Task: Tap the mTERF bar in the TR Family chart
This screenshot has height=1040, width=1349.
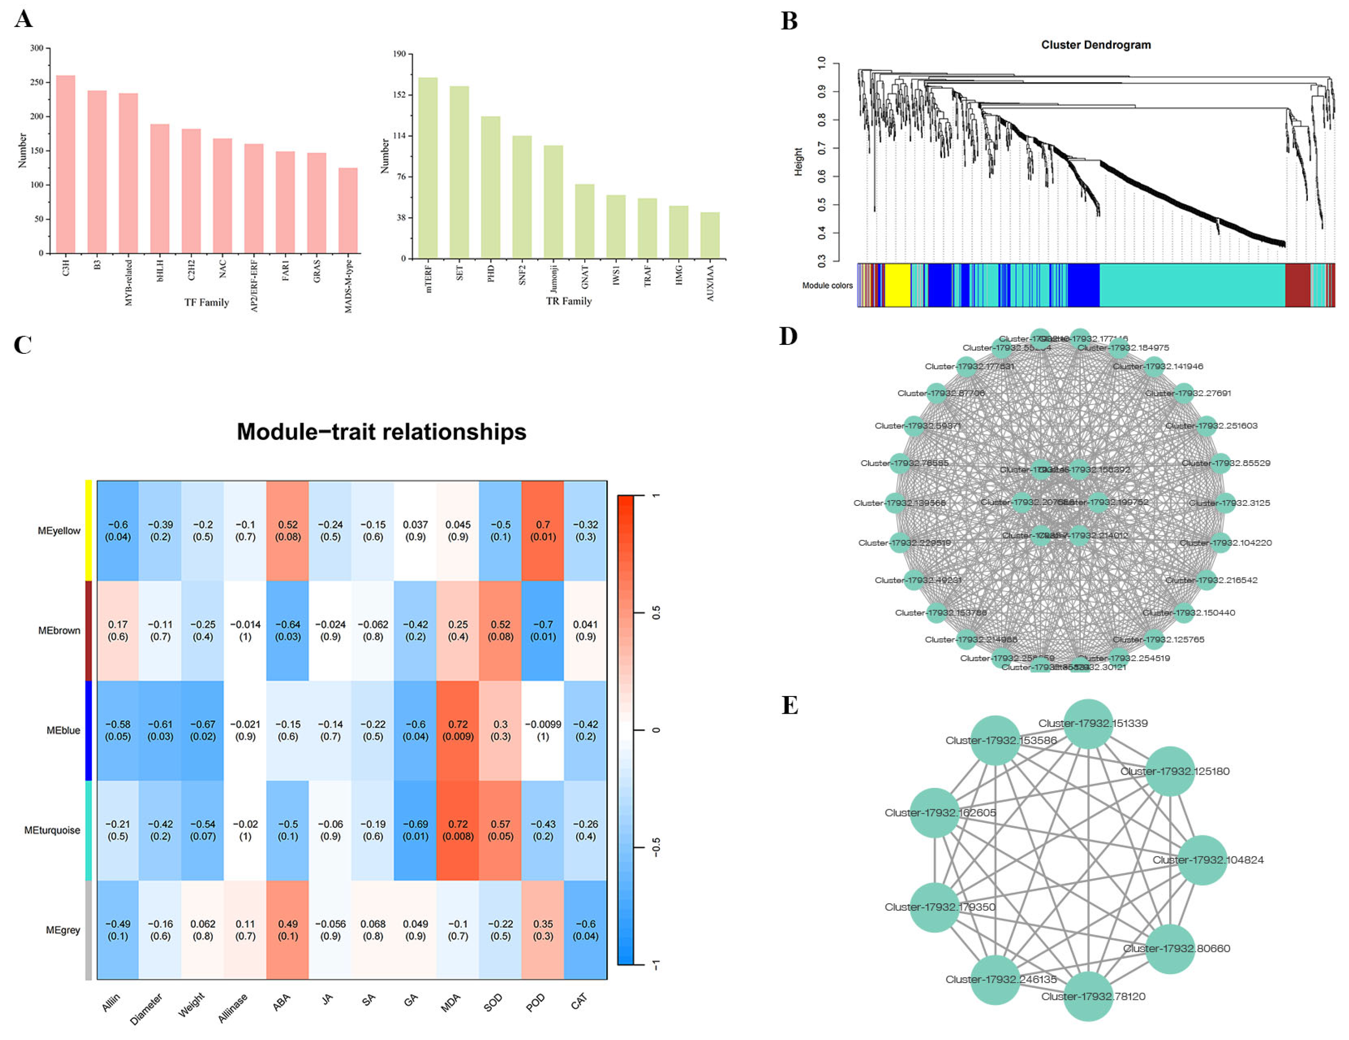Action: coord(427,168)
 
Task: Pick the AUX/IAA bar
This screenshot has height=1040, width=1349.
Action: coord(710,235)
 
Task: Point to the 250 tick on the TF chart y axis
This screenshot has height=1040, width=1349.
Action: coord(37,82)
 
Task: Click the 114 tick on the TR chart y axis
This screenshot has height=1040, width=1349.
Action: coord(399,136)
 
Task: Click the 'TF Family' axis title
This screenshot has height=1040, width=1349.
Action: coord(206,302)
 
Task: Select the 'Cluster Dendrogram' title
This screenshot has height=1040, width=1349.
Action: coord(1096,45)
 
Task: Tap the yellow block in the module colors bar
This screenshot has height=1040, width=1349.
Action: coord(897,285)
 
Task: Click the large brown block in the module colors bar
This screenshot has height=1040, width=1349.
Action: coord(1297,285)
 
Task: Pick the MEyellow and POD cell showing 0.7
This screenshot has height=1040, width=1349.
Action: coord(542,530)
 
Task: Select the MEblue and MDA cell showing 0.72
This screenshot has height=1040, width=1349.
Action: coord(458,730)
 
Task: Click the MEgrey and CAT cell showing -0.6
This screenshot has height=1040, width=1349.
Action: coord(585,929)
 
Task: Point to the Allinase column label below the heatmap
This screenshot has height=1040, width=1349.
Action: coord(232,1008)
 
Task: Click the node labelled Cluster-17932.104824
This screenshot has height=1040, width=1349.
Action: coord(1201,860)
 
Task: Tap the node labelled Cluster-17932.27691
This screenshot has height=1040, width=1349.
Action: coord(1183,393)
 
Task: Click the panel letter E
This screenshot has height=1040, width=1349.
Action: coord(790,705)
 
